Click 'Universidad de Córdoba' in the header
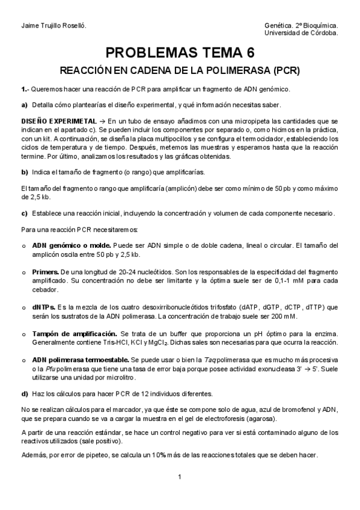305,34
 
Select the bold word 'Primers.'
46,272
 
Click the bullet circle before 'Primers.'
24,272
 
